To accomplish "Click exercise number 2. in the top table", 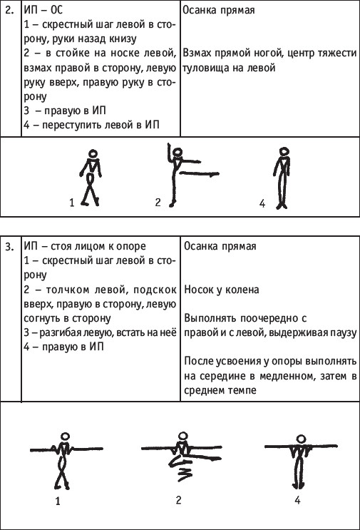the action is point(9,10).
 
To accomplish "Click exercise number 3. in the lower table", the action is point(9,246).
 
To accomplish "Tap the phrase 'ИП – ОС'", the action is point(43,10).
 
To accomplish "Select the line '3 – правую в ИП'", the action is point(65,111).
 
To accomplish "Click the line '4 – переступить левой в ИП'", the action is point(91,125).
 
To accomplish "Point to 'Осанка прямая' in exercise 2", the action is point(219,10).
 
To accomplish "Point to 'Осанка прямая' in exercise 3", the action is point(220,246).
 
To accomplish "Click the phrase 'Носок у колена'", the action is point(222,290).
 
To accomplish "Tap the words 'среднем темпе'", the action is point(220,390).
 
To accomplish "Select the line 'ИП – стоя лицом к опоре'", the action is point(85,246).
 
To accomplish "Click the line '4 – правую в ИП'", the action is point(64,347).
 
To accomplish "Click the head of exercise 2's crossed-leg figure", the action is point(93,153).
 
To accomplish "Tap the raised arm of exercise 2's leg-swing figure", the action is point(168,152).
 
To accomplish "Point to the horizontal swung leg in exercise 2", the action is point(200,174).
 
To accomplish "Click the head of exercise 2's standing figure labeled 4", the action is point(284,151).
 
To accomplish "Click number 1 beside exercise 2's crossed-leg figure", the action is point(71,203).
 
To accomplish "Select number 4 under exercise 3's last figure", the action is point(297,500).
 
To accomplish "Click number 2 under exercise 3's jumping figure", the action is point(178,499).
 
